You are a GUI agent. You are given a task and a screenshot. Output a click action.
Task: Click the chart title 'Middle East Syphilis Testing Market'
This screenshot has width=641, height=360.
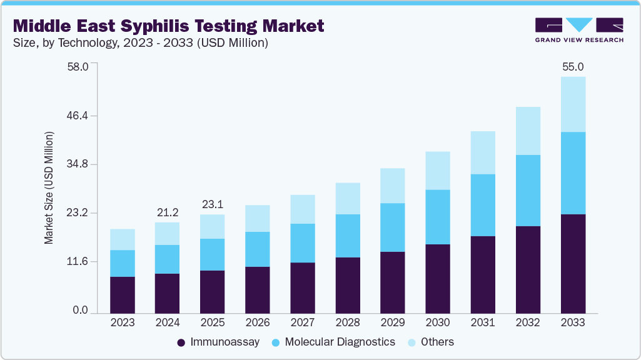click(x=168, y=26)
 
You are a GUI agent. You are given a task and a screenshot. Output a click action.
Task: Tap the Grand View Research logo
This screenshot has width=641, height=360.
click(x=578, y=30)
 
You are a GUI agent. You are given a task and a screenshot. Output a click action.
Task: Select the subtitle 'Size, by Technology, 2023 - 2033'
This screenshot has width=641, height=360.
click(x=141, y=43)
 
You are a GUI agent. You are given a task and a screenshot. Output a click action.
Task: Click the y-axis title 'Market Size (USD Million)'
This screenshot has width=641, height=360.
click(x=49, y=187)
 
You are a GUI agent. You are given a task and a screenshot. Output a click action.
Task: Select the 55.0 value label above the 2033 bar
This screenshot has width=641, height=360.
click(x=573, y=67)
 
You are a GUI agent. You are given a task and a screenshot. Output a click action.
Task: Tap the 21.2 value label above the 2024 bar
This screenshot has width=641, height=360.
click(x=168, y=212)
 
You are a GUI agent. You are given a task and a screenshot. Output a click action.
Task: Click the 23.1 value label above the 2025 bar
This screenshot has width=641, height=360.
click(x=213, y=204)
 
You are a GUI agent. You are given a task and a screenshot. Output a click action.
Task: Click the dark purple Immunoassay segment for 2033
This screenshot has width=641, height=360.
click(x=573, y=263)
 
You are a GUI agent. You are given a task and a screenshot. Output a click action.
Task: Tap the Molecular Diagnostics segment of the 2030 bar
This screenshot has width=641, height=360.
click(x=438, y=217)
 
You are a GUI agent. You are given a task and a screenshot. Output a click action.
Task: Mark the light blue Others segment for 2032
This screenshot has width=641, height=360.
click(x=528, y=131)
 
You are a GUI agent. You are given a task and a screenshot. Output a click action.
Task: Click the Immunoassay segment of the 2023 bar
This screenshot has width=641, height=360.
click(x=123, y=294)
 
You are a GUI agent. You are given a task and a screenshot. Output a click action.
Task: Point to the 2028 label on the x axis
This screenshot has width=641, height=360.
click(x=348, y=323)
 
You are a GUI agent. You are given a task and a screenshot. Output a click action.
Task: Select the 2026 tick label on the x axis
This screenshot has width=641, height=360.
click(x=258, y=323)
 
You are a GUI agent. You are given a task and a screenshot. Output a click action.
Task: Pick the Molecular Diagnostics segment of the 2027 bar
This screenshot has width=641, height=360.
click(x=303, y=243)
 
